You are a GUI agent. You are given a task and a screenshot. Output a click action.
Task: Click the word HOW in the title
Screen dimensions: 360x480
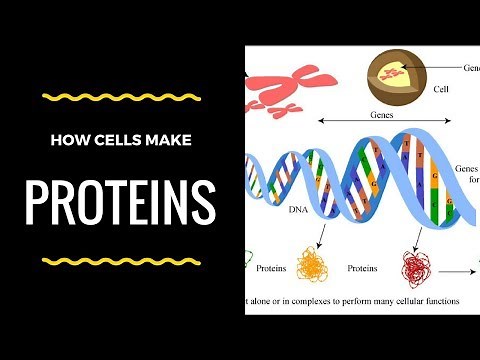(65, 140)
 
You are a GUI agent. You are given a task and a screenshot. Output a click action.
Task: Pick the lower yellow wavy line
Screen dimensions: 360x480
(120, 262)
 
